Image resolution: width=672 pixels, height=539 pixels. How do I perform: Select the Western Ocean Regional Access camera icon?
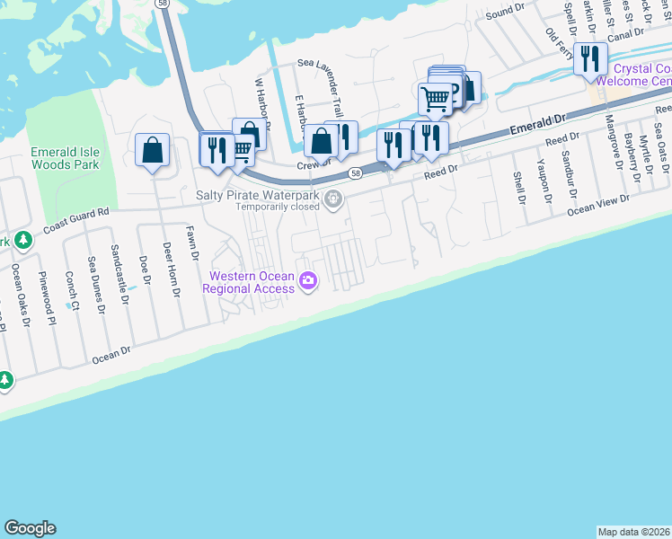click(x=308, y=281)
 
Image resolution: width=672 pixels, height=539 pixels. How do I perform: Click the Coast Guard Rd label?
click(x=75, y=221)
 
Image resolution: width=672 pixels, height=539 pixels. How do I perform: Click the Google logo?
click(x=30, y=528)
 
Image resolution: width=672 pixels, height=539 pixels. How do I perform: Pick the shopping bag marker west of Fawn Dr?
click(x=153, y=150)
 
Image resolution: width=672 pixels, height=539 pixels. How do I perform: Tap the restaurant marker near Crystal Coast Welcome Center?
click(x=590, y=59)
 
